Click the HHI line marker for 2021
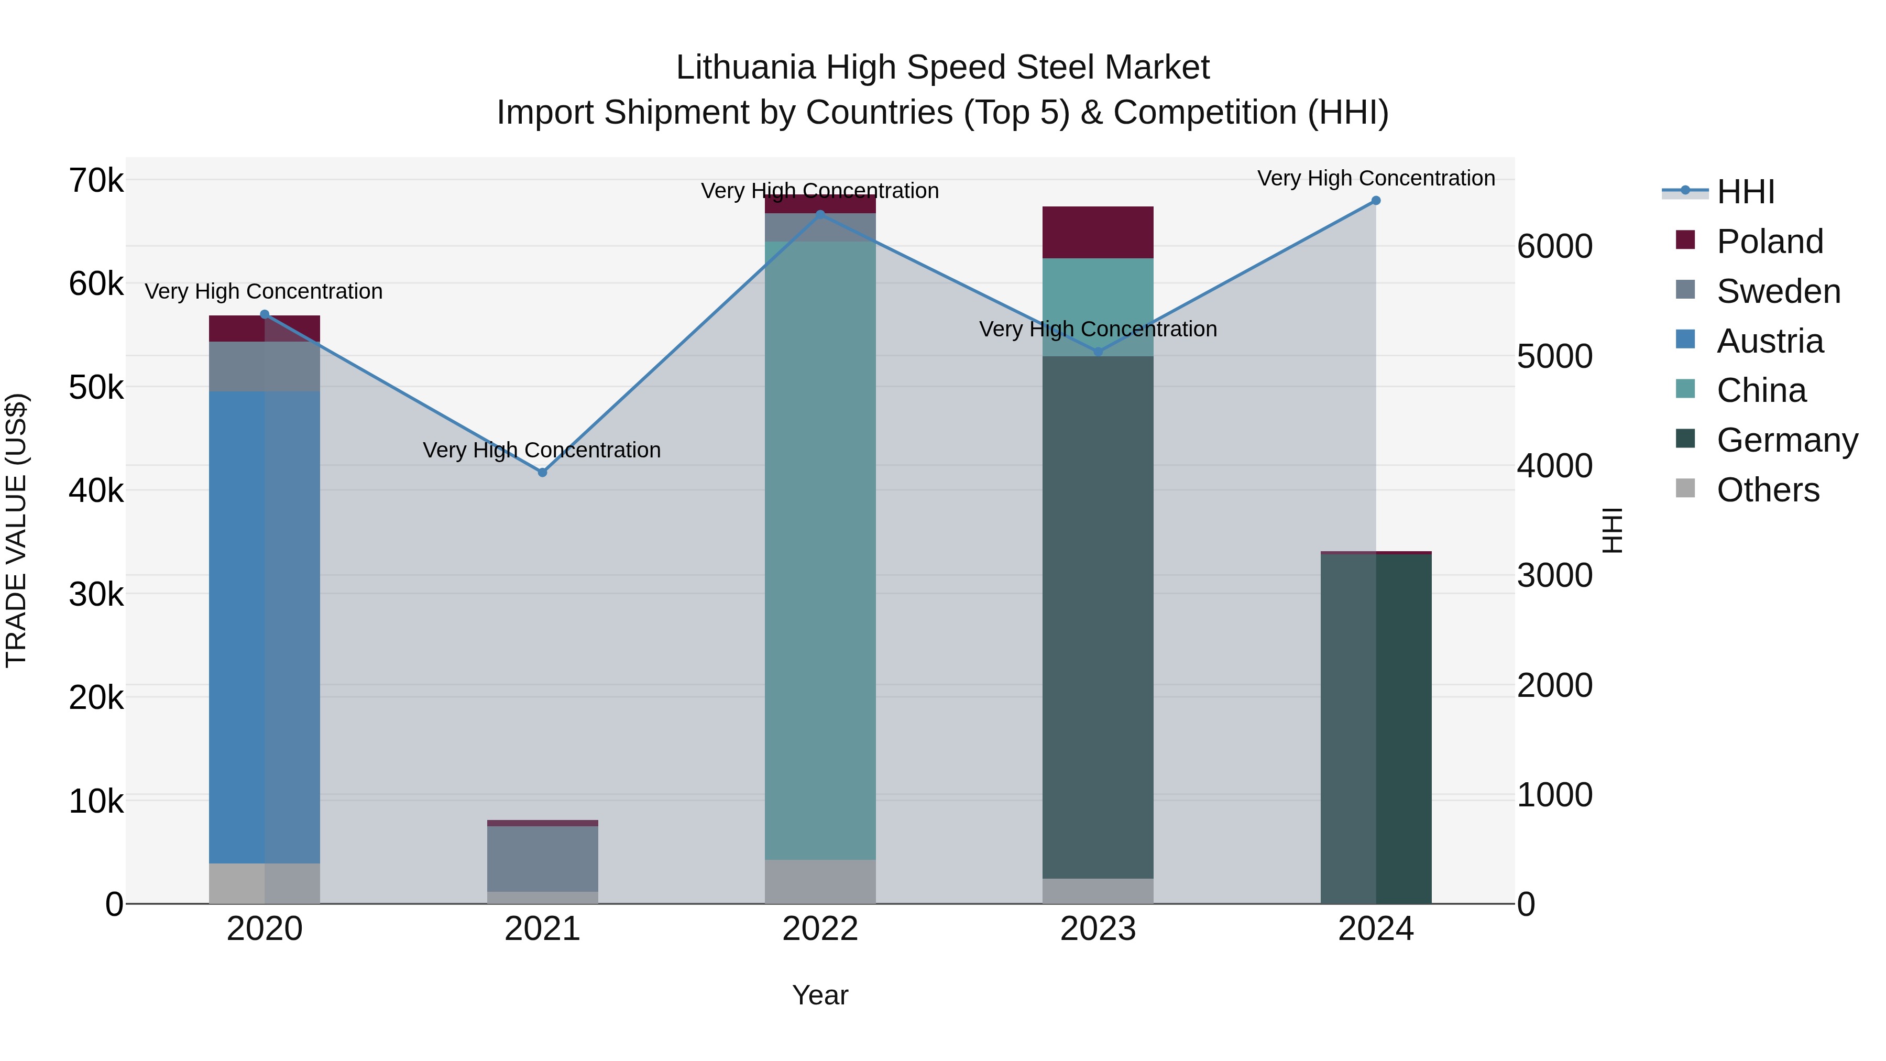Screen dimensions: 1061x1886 tap(543, 472)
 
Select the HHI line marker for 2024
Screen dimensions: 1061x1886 tap(1376, 201)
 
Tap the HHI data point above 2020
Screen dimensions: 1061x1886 tap(265, 315)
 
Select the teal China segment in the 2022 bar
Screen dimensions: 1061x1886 tap(820, 549)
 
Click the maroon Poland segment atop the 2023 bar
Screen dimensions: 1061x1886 tap(1098, 232)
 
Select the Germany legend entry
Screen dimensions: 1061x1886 tap(1786, 440)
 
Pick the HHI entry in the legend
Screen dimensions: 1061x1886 tap(1746, 192)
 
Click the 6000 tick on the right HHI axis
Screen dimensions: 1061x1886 tap(1554, 246)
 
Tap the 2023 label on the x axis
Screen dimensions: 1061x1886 tap(1098, 929)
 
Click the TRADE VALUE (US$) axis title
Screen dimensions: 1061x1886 tap(16, 530)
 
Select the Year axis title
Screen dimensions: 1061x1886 tap(820, 995)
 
